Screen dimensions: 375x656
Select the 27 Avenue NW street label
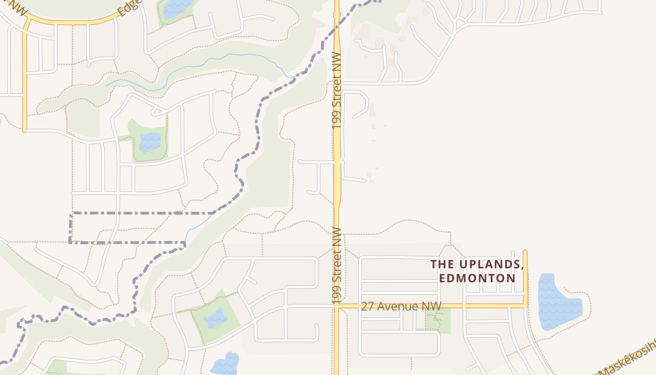401,306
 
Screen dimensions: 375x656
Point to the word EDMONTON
477,278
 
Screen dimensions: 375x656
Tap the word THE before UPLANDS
442,265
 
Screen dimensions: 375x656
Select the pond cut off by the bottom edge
224,365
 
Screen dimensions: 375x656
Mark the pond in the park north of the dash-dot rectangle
149,142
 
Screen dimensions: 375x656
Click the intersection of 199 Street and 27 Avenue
336,306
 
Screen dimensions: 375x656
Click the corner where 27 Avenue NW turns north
525,306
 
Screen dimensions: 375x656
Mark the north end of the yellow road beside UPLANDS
525,252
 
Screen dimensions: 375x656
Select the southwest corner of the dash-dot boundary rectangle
70,242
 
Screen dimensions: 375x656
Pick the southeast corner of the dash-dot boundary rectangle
185,243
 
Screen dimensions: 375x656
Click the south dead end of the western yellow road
24,131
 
